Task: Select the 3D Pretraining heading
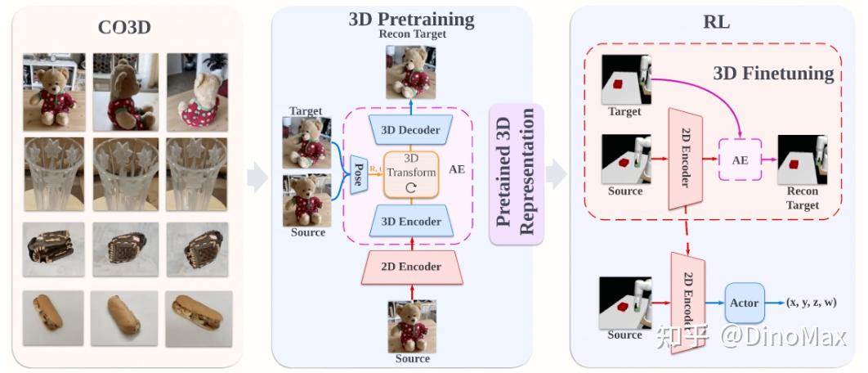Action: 411,18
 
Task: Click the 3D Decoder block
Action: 410,130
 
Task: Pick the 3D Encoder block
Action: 410,221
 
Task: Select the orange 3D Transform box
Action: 412,174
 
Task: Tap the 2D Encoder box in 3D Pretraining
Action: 412,267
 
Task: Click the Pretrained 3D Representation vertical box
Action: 516,174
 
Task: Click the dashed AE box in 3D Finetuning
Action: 740,160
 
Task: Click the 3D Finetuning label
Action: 773,74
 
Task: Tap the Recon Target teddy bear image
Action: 411,71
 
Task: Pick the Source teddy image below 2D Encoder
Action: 412,326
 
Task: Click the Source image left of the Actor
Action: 624,303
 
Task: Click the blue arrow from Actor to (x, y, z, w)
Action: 775,303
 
